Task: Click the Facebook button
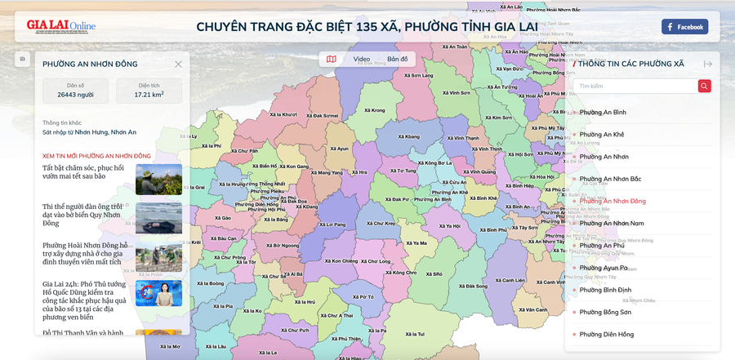coord(684,27)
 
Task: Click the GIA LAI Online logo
coord(60,27)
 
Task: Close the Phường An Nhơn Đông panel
coord(178,64)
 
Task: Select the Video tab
coord(361,59)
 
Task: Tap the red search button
coord(704,86)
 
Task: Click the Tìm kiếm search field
coord(634,86)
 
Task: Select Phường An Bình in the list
coord(603,112)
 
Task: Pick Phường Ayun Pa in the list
coord(604,268)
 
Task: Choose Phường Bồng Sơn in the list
coord(605,312)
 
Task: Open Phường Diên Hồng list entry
coord(606,334)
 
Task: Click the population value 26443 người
coord(75,95)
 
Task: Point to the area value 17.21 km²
coord(150,95)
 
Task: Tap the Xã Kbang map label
coord(405,148)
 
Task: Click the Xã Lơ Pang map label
coord(334,224)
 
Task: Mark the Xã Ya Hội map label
coord(450,226)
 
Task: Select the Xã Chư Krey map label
coord(381,223)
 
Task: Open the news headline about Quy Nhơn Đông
coord(82,215)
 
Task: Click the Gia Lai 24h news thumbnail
coord(158,293)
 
